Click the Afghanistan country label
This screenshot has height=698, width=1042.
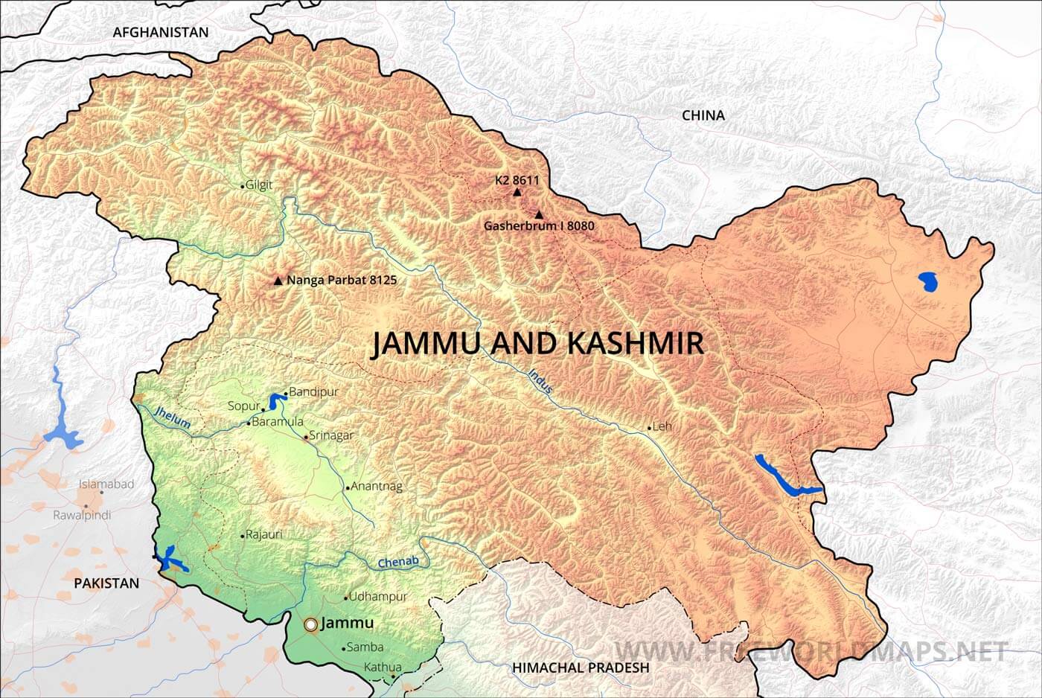tap(160, 32)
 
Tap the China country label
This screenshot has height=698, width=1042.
tap(703, 115)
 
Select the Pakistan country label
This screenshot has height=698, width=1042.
tap(106, 583)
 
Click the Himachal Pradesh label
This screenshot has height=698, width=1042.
tap(581, 667)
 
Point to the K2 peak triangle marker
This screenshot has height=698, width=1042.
tap(517, 192)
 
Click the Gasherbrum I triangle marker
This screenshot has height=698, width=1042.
tap(539, 214)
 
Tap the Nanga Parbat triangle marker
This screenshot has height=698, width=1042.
tap(278, 281)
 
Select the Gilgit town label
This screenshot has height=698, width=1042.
tap(259, 185)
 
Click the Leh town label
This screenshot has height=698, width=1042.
tap(662, 426)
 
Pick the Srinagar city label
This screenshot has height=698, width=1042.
tap(331, 435)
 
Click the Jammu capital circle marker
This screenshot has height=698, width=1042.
tap(310, 624)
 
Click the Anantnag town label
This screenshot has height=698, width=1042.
tap(376, 487)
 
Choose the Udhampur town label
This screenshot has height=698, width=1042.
tap(378, 596)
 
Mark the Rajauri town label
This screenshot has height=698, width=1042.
tap(264, 534)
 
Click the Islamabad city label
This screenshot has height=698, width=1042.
tap(106, 484)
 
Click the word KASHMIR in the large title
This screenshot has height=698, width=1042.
tap(635, 343)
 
